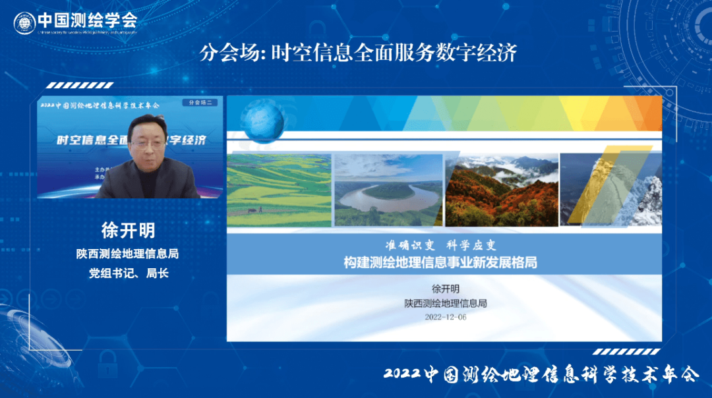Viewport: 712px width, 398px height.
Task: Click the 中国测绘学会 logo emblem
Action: tap(24, 22)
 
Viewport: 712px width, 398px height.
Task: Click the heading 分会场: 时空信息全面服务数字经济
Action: tap(358, 53)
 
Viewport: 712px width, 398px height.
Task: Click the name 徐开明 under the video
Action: tap(129, 231)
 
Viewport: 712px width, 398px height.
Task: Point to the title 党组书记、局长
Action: tap(129, 273)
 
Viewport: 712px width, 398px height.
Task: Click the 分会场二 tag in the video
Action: tap(202, 103)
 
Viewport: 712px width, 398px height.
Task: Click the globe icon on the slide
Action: tap(262, 121)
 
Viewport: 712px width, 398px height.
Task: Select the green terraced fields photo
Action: tap(279, 190)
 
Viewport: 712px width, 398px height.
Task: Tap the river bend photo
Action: tap(388, 190)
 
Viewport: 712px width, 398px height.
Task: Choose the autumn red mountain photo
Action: tap(502, 190)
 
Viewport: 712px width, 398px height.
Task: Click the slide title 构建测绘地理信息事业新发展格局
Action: tap(440, 262)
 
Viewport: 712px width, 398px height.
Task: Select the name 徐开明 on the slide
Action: tap(445, 289)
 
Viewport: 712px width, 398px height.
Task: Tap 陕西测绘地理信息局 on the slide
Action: tap(445, 303)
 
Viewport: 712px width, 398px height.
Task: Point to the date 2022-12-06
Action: tap(446, 317)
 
